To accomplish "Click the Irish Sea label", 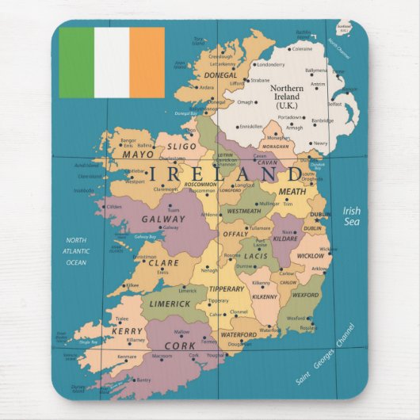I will (352, 216).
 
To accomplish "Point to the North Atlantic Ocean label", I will (76, 251).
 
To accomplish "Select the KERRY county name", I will (127, 331).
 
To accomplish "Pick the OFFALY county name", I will (235, 235).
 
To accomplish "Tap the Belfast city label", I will (335, 103).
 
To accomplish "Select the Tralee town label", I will (121, 319).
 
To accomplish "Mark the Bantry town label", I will (143, 380).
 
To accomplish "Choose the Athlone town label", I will (211, 214).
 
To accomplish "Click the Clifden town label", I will (114, 207).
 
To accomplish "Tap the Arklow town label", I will (319, 269).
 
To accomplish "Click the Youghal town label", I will (216, 356).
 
